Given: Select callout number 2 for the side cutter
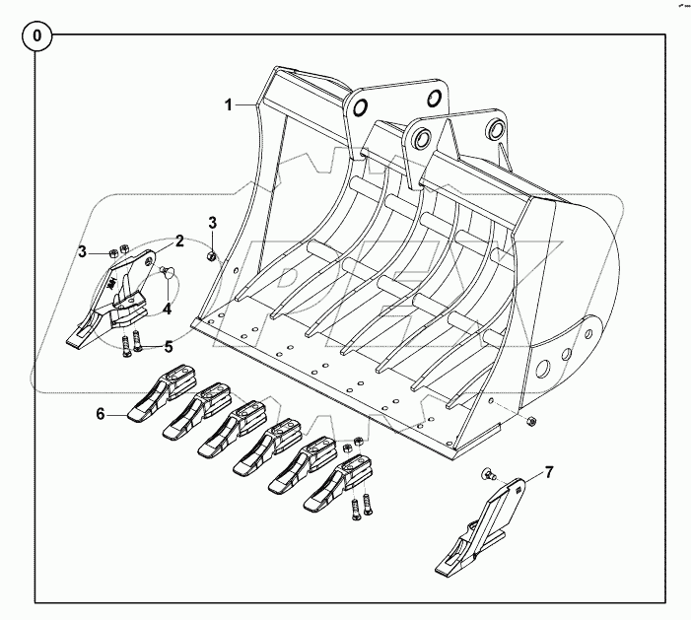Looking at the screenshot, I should pyautogui.click(x=180, y=240).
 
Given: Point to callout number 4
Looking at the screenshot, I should pyautogui.click(x=168, y=309).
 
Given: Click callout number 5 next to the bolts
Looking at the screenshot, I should pyautogui.click(x=169, y=346).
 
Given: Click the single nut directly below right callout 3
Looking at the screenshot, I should pyautogui.click(x=211, y=257).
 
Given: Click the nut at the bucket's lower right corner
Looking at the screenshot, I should pyautogui.click(x=532, y=421).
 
